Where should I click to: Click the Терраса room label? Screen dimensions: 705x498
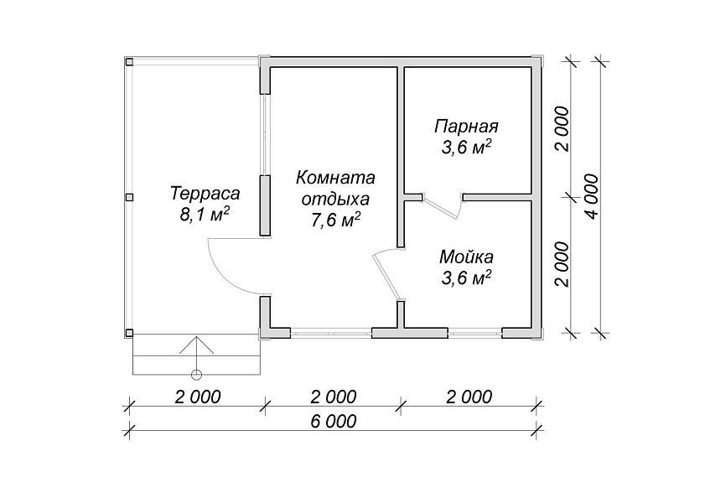pyautogui.click(x=205, y=194)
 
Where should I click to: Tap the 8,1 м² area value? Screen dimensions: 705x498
pyautogui.click(x=205, y=215)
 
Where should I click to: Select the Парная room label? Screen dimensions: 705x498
pyautogui.click(x=466, y=127)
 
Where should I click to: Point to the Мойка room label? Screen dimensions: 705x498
pyautogui.click(x=466, y=257)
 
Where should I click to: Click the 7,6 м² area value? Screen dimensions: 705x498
pyautogui.click(x=335, y=220)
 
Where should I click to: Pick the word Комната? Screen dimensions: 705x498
pyautogui.click(x=335, y=178)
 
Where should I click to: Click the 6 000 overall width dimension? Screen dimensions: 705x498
pyautogui.click(x=333, y=421)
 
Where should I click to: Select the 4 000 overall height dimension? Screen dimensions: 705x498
pyautogui.click(x=593, y=196)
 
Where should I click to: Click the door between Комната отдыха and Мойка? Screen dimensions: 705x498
pyautogui.click(x=387, y=274)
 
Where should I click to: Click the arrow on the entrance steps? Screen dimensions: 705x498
pyautogui.click(x=196, y=353)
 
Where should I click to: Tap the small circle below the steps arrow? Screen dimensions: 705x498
pyautogui.click(x=196, y=374)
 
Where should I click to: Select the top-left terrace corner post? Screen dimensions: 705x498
pyautogui.click(x=129, y=62)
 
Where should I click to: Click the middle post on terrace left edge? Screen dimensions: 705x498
pyautogui.click(x=129, y=198)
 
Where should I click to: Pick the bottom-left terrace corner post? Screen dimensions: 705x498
pyautogui.click(x=129, y=333)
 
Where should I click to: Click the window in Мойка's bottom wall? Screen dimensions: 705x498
pyautogui.click(x=474, y=333)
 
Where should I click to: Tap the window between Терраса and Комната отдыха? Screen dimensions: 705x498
pyautogui.click(x=266, y=134)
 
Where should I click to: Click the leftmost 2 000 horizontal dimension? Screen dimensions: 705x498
pyautogui.click(x=199, y=397)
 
